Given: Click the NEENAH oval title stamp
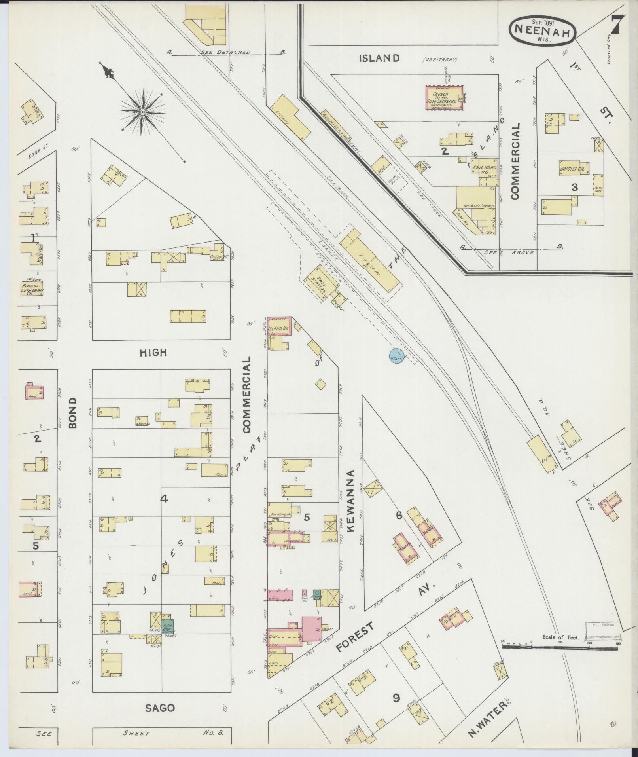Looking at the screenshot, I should tap(542, 30).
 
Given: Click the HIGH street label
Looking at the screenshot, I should tap(153, 353).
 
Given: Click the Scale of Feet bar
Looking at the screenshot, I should tap(560, 645).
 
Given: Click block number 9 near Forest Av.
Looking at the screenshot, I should tap(396, 698).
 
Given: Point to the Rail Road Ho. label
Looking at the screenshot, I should tap(484, 170).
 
